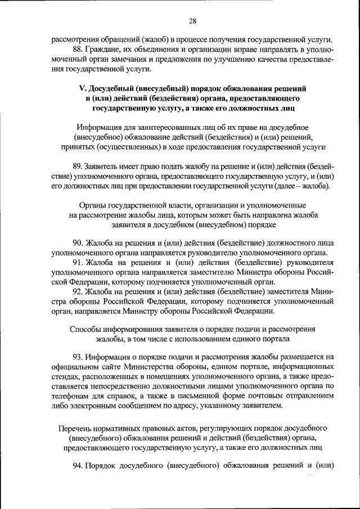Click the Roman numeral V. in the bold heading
[x=81, y=89]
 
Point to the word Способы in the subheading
[x=85, y=328]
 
